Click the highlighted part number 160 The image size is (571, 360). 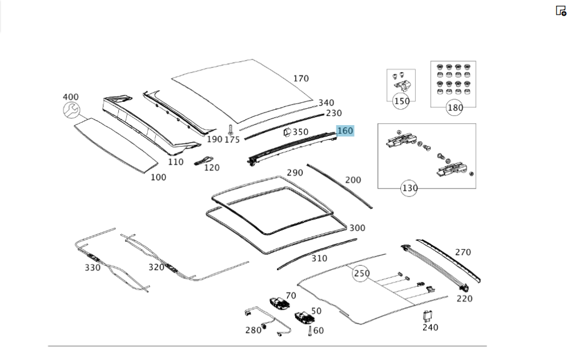point(345,131)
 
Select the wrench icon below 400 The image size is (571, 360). point(71,111)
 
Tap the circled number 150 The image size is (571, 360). point(401,102)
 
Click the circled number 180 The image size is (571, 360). point(455,107)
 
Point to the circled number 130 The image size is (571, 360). point(409,188)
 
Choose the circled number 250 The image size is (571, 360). point(361,274)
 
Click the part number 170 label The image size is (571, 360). point(301,79)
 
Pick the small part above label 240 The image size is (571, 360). point(427,315)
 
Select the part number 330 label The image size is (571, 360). point(93,267)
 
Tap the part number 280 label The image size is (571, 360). point(253,330)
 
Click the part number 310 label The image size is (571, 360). point(319,258)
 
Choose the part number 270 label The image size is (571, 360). point(463,252)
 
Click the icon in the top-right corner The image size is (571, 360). point(561,10)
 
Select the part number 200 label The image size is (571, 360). point(353,180)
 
